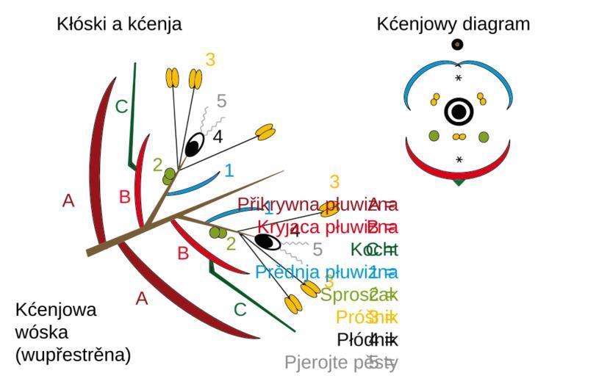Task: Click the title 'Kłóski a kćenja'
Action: click(x=119, y=24)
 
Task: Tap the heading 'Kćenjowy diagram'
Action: click(x=453, y=24)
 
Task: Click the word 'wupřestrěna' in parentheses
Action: click(x=73, y=355)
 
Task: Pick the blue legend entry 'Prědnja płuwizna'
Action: click(x=326, y=272)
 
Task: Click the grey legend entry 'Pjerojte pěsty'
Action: click(x=341, y=362)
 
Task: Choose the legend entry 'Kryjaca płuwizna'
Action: click(x=327, y=225)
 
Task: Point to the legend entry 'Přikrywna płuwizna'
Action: click(x=317, y=203)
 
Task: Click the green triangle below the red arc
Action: click(x=459, y=181)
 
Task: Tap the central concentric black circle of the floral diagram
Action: click(x=459, y=112)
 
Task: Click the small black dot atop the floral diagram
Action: click(x=458, y=45)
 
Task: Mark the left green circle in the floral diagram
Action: click(x=434, y=136)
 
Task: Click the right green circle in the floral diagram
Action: click(x=484, y=137)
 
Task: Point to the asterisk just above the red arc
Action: click(x=459, y=159)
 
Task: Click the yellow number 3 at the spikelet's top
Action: click(x=210, y=59)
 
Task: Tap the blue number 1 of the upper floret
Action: click(x=229, y=170)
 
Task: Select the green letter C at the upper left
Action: click(x=121, y=107)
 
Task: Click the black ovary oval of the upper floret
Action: click(x=194, y=145)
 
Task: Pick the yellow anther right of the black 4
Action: click(x=265, y=132)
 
